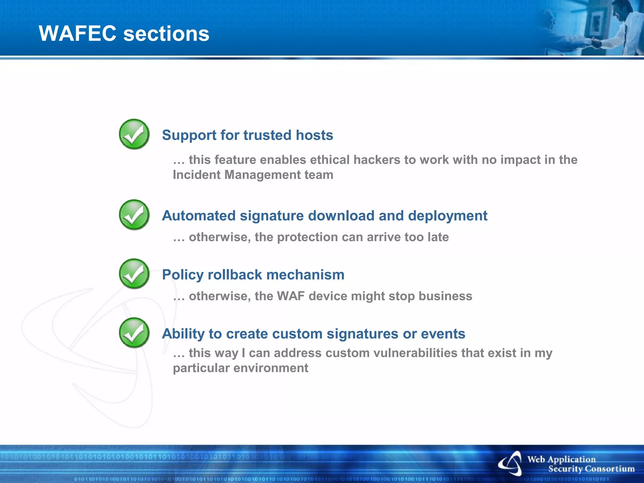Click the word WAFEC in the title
click(77, 33)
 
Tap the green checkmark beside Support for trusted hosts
click(134, 134)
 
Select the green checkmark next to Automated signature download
click(134, 214)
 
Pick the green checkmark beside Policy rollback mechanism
click(134, 274)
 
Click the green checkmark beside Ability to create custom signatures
click(134, 332)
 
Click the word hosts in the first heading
click(314, 135)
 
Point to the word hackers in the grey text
click(377, 160)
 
